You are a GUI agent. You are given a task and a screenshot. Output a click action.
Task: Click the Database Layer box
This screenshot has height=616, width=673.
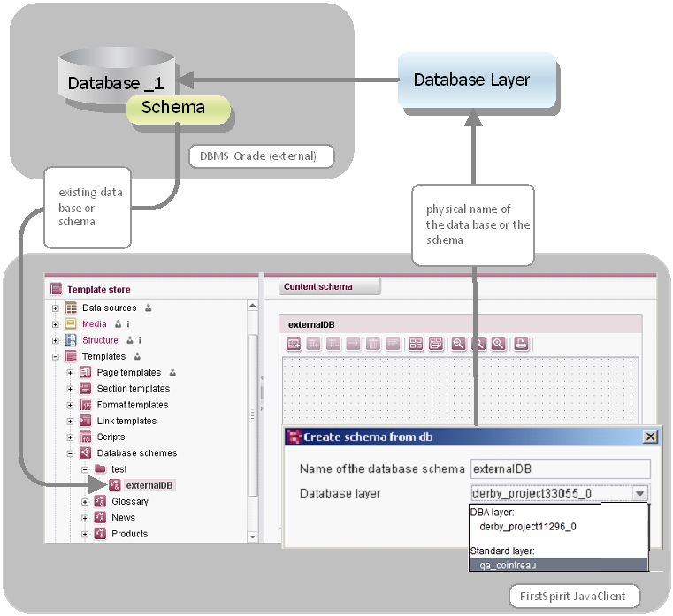pos(476,80)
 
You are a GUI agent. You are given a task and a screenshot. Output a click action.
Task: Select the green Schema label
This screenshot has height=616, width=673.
pos(178,109)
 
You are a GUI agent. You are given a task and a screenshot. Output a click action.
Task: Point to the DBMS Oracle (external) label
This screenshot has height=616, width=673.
pos(264,156)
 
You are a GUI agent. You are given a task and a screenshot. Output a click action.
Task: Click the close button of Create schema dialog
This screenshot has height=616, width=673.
pos(650,437)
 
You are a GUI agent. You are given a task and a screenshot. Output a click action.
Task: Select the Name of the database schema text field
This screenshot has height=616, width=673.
pos(560,468)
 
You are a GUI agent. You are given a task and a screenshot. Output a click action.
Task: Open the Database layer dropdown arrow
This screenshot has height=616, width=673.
pos(640,493)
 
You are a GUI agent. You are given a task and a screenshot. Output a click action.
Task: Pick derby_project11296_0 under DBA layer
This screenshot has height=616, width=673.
pos(527,526)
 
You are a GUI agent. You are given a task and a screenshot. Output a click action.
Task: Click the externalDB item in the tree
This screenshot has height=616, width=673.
pos(149,485)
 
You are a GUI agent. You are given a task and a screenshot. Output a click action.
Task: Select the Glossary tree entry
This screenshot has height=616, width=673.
pos(129,501)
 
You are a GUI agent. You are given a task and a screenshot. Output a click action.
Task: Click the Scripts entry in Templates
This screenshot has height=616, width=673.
pos(111,437)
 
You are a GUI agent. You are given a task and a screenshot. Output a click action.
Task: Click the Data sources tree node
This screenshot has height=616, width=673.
pos(109,308)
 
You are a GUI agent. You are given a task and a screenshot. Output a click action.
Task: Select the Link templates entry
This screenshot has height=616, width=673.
pos(126,421)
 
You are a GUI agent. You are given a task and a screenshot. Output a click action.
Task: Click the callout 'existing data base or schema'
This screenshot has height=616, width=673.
pos(89,207)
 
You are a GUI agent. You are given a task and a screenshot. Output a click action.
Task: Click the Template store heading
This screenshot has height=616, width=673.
pos(98,289)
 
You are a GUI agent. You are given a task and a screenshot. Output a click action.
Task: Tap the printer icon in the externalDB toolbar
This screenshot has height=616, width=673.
pos(521,344)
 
